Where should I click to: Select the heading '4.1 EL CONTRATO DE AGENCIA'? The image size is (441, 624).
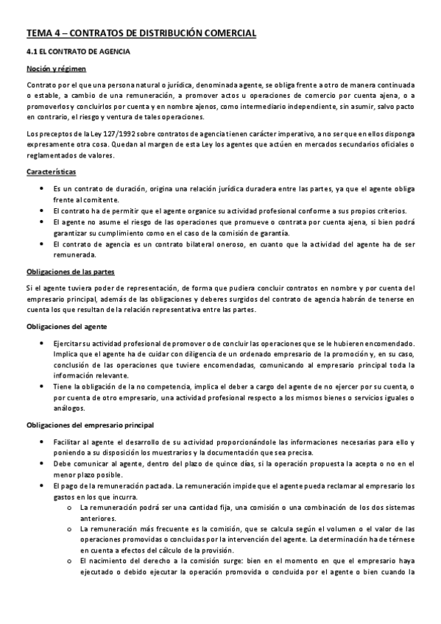(x=78, y=52)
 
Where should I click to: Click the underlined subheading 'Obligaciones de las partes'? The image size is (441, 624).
(x=70, y=272)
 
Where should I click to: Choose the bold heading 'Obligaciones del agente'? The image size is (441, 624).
(x=67, y=326)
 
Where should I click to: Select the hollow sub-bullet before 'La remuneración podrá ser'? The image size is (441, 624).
(x=69, y=508)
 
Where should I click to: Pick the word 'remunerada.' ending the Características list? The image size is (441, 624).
(x=74, y=255)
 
